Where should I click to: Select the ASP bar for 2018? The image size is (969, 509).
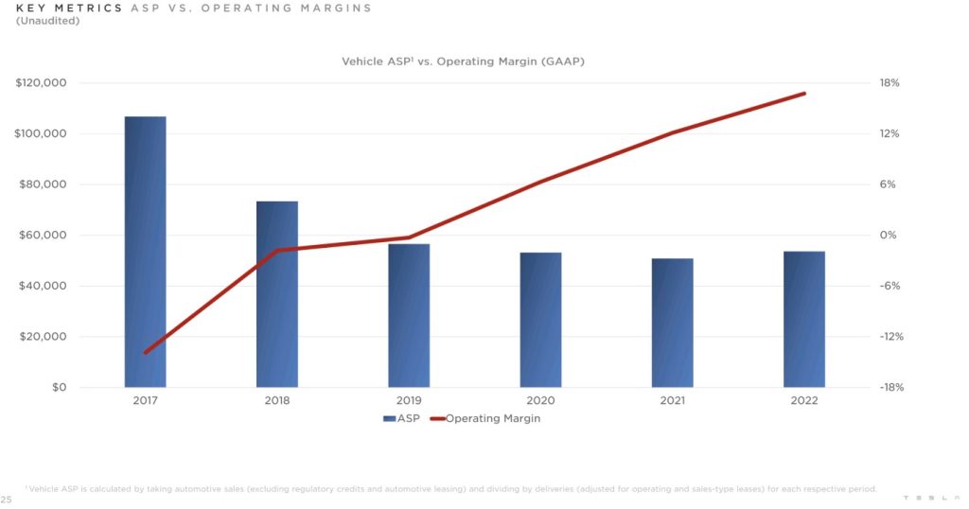click(277, 294)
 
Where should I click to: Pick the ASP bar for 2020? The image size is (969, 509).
click(540, 320)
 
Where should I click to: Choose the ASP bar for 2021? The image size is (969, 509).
click(673, 323)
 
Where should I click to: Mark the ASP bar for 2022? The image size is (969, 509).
click(804, 319)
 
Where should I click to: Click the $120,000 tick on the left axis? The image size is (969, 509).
click(41, 83)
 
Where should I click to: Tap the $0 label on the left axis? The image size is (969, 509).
click(59, 388)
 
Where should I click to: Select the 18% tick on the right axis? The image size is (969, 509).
click(890, 83)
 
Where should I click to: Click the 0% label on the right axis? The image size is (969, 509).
click(890, 236)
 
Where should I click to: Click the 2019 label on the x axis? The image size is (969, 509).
click(409, 401)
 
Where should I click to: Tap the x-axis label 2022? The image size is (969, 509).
click(804, 401)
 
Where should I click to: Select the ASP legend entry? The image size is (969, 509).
click(404, 419)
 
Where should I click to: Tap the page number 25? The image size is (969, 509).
click(6, 499)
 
